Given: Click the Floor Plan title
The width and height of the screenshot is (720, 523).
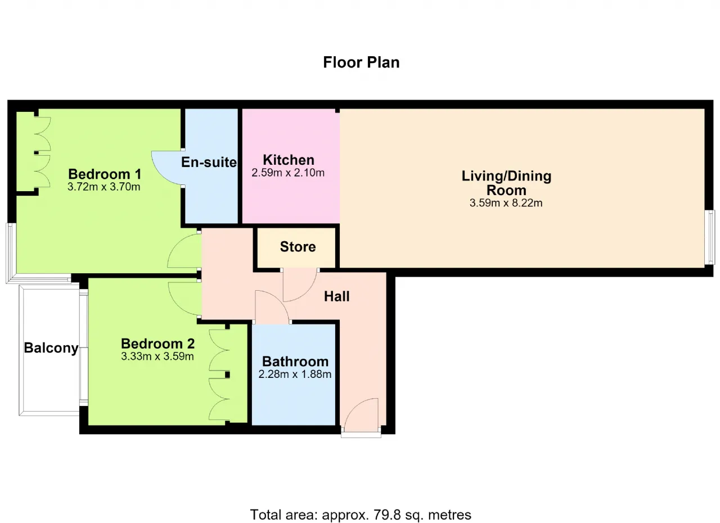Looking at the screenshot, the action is (x=361, y=62).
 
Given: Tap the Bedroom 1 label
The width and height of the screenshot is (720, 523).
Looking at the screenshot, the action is (x=105, y=174).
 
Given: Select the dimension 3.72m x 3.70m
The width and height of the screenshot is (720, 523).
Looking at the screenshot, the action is (x=104, y=187).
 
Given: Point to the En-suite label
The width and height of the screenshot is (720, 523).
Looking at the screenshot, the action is (x=209, y=162).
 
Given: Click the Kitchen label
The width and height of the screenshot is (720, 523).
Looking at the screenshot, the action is (x=289, y=160).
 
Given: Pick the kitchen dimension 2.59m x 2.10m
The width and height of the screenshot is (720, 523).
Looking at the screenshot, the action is (x=288, y=173).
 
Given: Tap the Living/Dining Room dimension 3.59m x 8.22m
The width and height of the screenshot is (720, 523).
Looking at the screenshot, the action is (x=506, y=203).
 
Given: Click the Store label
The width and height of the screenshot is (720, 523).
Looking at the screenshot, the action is (x=298, y=247).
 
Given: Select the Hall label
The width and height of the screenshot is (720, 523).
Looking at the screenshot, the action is (x=336, y=296).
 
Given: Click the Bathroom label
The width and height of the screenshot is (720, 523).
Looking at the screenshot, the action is (x=295, y=362).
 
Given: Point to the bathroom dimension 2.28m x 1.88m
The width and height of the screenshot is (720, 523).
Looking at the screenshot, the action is (x=295, y=375).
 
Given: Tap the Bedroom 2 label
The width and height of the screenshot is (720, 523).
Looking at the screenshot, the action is (x=158, y=344).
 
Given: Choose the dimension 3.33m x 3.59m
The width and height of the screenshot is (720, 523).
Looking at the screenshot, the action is (x=157, y=357).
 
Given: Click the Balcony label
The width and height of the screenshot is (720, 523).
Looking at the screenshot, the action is (x=51, y=348).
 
